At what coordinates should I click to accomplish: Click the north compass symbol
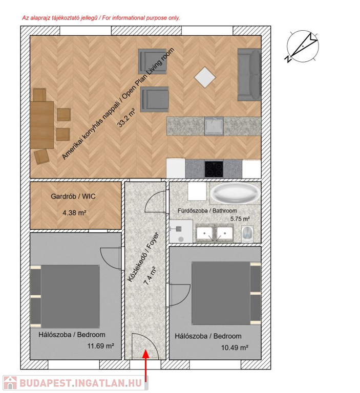coord(303,47)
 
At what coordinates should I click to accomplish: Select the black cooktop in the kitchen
coord(214,169)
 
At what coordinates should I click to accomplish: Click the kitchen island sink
coord(214,126)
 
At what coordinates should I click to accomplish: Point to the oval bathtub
coord(235,192)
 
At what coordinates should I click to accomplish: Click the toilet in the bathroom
coord(247,234)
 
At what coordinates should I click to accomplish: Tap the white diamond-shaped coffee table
coord(205,77)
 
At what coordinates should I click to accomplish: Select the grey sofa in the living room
coord(249,75)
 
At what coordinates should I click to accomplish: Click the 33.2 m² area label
coord(126,118)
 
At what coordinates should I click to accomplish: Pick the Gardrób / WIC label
coord(73,196)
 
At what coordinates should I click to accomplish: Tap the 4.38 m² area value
coord(74,213)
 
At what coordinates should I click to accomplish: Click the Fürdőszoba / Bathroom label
coord(207,210)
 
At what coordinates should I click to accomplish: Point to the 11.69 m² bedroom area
coord(100,346)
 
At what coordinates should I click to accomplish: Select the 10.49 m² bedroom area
coord(235,347)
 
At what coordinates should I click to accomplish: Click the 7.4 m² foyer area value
coord(150,275)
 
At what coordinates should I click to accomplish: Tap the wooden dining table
coord(42,125)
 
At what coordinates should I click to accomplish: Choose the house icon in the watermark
coord(10,383)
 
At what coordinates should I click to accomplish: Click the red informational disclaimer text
coord(101,18)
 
